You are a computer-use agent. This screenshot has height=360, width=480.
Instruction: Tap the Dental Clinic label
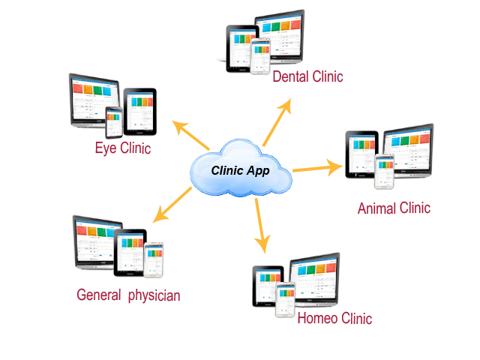pos(307,77)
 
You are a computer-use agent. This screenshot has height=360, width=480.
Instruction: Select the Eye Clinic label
pos(122,148)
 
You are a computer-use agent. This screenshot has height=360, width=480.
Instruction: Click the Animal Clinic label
pos(394,207)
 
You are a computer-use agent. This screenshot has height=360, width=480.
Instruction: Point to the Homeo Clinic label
pos(334,318)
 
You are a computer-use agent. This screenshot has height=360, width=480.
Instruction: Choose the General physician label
pos(128,295)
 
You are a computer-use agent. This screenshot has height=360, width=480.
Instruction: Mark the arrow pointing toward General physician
pos(172,207)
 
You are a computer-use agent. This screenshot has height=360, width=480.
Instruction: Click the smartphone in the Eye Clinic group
pos(114,121)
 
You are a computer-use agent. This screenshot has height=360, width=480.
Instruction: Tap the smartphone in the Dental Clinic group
pos(259,56)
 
